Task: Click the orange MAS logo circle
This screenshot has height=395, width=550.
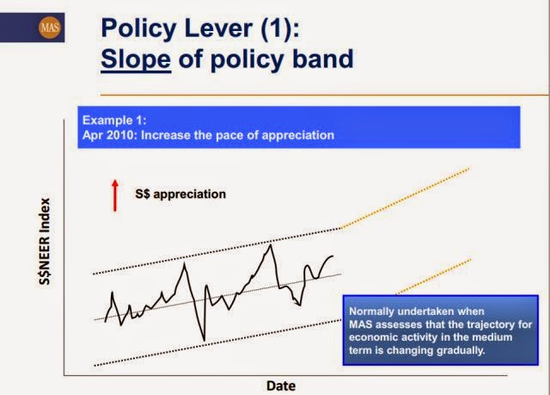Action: click(50, 28)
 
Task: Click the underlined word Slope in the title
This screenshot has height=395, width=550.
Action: click(136, 59)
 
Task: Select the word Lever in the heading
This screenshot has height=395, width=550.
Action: click(218, 28)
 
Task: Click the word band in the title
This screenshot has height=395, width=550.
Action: click(323, 59)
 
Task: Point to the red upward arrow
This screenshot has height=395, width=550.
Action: click(114, 195)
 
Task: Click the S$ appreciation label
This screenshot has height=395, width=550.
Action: click(180, 194)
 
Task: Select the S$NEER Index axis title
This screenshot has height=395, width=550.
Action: click(45, 242)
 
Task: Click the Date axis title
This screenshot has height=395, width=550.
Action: click(281, 386)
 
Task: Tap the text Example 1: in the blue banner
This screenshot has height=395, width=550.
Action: click(114, 120)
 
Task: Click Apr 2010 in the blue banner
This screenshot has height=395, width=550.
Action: click(108, 135)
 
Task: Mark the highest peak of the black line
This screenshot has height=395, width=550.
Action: click(270, 244)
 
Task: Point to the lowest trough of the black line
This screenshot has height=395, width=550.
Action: click(205, 340)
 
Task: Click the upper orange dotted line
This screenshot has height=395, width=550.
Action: click(405, 199)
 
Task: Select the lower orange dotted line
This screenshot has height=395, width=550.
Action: click(434, 277)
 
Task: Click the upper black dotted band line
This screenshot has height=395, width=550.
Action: click(217, 251)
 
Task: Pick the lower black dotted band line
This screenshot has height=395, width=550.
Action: click(217, 343)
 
